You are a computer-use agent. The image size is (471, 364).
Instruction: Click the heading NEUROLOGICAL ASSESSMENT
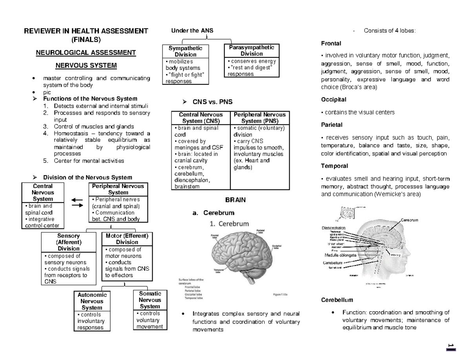point(86,52)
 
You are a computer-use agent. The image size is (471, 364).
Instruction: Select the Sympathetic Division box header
point(185,51)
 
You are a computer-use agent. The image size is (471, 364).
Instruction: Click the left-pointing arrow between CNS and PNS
point(77,199)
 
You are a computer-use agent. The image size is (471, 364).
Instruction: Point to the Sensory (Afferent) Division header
point(69,242)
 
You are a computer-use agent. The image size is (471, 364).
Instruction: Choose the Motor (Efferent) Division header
point(127,239)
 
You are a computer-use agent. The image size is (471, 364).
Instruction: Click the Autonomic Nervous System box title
point(91,301)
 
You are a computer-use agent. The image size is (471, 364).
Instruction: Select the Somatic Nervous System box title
point(150,300)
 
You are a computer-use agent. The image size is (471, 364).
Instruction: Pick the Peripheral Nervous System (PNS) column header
point(260,118)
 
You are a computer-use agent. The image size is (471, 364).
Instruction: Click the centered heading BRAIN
point(235,200)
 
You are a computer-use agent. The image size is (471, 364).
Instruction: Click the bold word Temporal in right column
point(334,166)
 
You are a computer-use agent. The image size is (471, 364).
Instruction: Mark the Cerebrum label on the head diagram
point(409,220)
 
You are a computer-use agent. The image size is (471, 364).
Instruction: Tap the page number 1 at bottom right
point(449,346)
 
